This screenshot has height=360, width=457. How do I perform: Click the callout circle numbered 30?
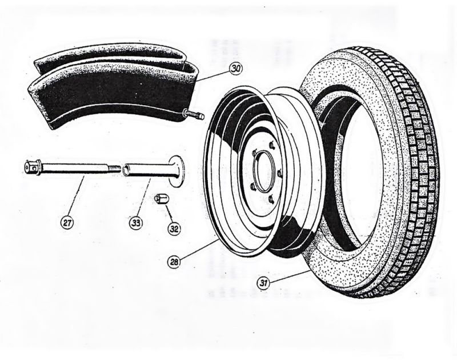(x=236, y=68)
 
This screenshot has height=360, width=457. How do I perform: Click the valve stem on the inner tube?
(x=193, y=117)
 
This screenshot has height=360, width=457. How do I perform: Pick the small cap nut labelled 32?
(x=162, y=199)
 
